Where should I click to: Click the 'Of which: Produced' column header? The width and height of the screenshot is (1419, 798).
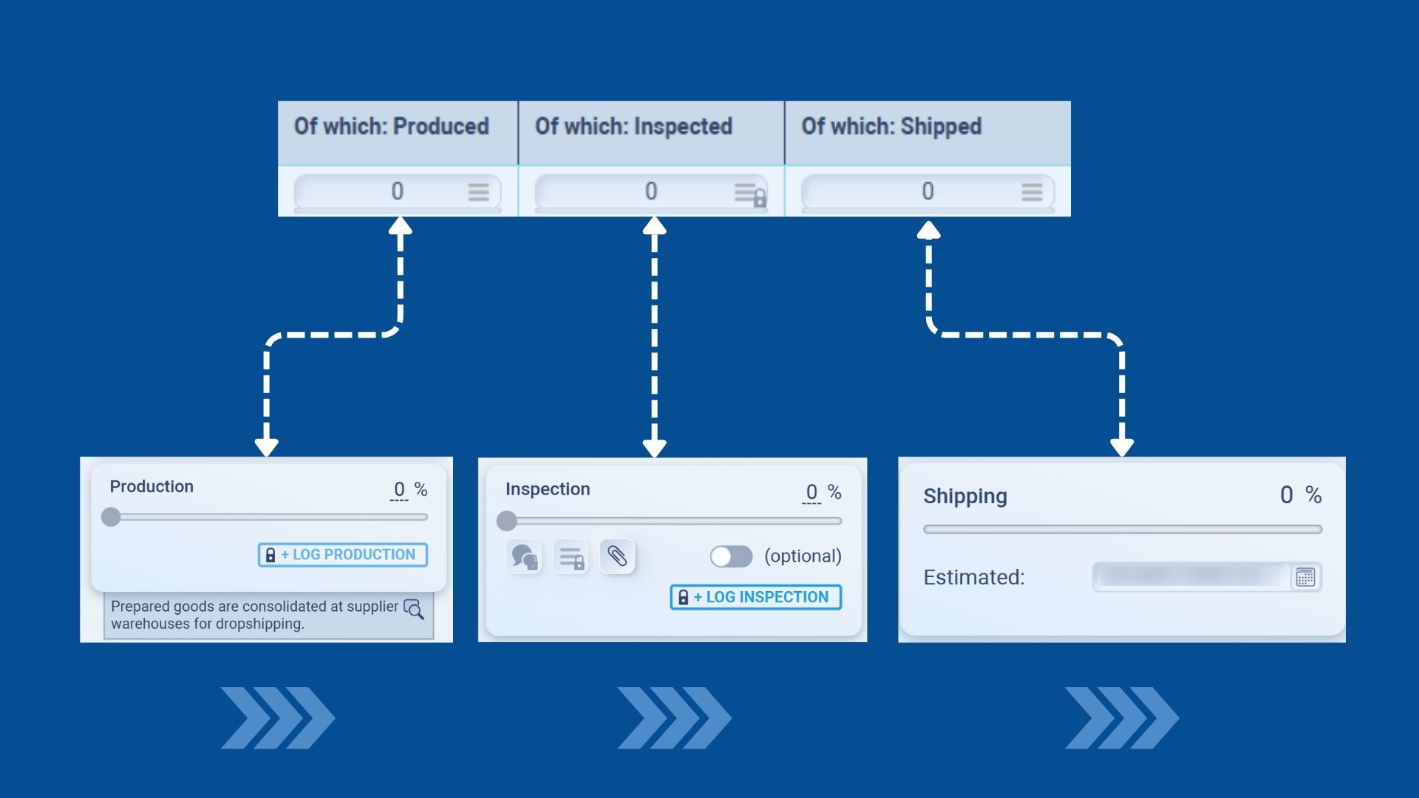coord(392,126)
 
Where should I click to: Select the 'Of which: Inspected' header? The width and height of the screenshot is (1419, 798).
coord(633,126)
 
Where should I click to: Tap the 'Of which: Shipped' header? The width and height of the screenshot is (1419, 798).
coord(891,126)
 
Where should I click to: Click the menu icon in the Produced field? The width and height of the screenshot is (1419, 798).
coord(478,192)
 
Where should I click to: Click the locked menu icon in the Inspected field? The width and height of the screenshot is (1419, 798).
coord(749,194)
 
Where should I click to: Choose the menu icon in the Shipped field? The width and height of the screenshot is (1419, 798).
coord(1032,192)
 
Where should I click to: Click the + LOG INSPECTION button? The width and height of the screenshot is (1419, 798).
coord(755,597)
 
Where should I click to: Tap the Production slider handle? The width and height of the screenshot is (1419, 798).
coord(111,516)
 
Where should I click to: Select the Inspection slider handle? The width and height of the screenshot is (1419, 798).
coord(507,521)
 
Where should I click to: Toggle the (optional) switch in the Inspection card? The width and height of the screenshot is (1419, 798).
coord(731,556)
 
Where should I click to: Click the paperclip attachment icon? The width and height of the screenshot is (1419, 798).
coord(617,556)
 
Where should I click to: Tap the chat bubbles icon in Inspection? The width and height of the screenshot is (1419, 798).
coord(524,556)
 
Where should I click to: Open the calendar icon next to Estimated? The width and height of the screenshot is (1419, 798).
coord(1305,577)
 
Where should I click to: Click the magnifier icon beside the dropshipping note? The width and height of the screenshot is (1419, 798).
coord(414,609)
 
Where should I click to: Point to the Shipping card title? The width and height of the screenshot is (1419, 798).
coord(964,496)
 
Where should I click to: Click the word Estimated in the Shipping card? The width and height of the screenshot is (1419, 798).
coord(973,577)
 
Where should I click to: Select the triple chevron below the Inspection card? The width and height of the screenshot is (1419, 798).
coord(673,717)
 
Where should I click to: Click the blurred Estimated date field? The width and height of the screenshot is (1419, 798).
coord(1191,577)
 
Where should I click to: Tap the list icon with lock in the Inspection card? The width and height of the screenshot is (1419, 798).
coord(571,557)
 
